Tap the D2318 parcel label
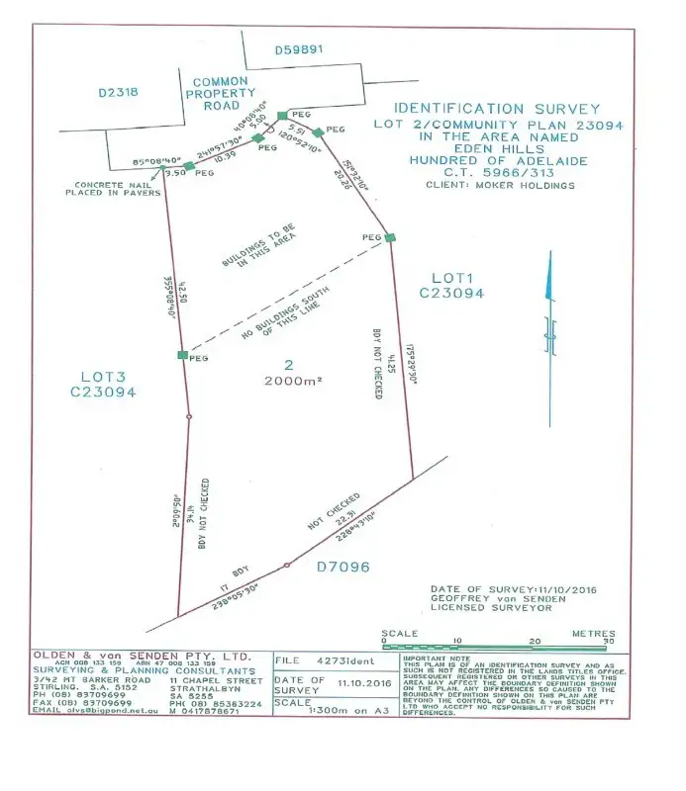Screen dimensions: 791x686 [118, 94]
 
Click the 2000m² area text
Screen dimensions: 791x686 [288, 381]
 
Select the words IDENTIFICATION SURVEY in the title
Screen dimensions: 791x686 [497, 109]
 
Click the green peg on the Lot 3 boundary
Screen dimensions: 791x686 [182, 355]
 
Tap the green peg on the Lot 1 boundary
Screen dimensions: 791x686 [390, 237]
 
